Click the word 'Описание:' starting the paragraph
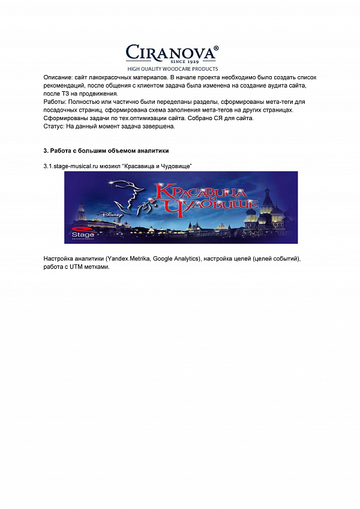point(58,78)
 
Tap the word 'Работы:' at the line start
point(55,103)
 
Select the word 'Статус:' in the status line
point(54,127)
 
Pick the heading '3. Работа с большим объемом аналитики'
point(106,150)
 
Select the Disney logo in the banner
point(113,212)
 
